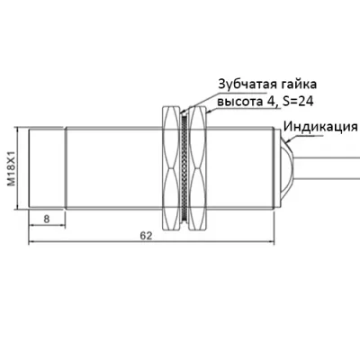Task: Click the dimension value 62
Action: coord(147,236)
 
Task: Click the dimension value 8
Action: coord(47,219)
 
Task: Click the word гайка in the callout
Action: coord(299,85)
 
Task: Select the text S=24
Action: coord(297,102)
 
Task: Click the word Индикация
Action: coord(320,127)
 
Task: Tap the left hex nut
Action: coord(171,168)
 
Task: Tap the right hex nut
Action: coord(198,168)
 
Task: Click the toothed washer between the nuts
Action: coord(184,168)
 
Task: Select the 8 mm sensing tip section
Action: coord(47,168)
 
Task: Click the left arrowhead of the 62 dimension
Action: coord(29,241)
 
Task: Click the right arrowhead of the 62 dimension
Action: coord(274,241)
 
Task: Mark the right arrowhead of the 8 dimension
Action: coord(65,225)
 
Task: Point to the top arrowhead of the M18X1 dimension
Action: coord(18,128)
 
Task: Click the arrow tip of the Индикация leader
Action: coord(286,142)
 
